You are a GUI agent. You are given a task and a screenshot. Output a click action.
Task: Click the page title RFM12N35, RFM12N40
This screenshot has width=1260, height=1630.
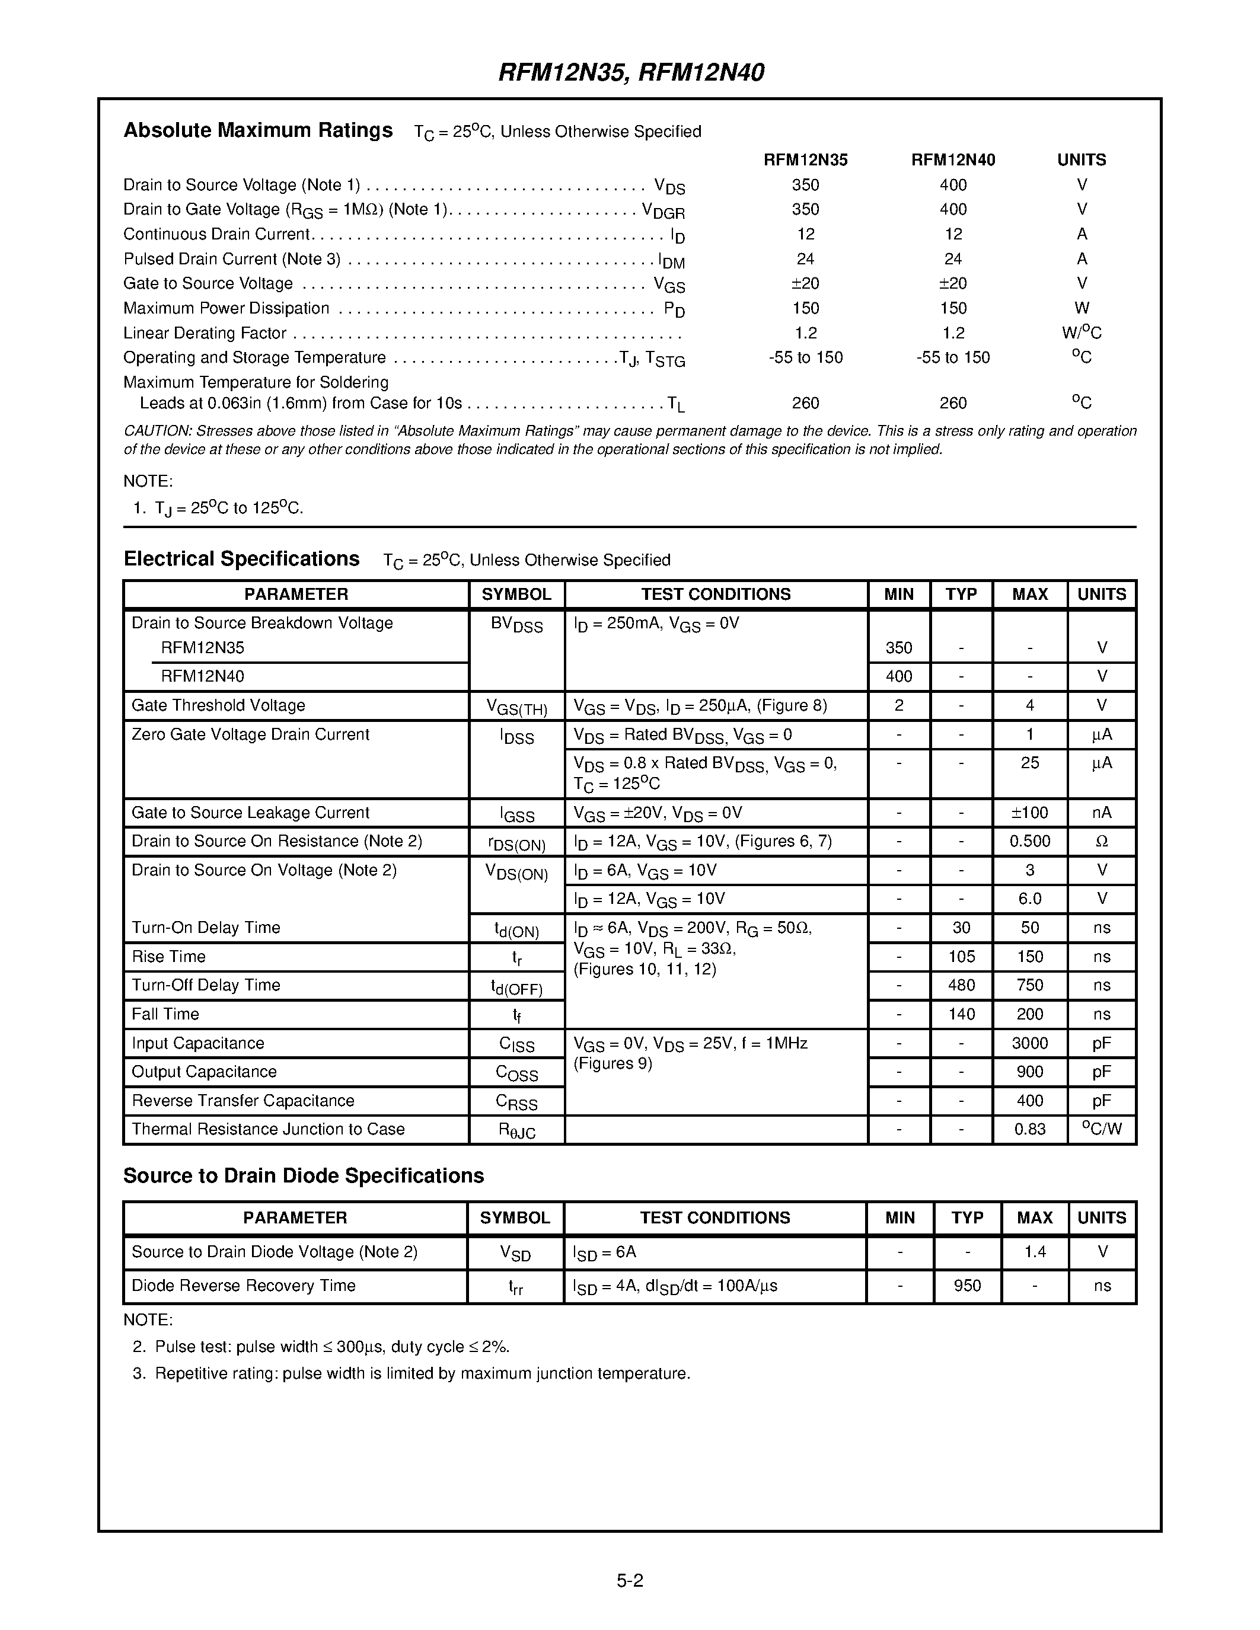tap(631, 72)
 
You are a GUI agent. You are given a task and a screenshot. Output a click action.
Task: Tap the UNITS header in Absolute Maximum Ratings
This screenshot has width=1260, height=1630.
tap(1081, 159)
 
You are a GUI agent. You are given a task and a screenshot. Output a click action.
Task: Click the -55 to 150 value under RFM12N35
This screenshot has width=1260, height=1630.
tap(805, 357)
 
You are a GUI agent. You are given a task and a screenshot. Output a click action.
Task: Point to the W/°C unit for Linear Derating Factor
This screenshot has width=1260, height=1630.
tap(1081, 333)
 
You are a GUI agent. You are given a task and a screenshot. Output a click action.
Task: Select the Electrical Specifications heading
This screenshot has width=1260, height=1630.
tap(241, 559)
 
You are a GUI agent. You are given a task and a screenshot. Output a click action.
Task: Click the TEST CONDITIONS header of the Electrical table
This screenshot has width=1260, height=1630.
tap(715, 594)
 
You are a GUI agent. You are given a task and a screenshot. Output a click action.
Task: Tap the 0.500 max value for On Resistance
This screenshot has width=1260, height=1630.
tap(1029, 841)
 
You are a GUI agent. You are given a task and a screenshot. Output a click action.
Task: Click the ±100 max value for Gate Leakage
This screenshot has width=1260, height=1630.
tap(1029, 812)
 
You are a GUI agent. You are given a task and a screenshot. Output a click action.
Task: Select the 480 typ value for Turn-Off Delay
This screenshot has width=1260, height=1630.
tap(961, 985)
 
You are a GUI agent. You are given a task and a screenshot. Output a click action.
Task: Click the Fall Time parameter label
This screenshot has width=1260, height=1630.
tap(165, 1014)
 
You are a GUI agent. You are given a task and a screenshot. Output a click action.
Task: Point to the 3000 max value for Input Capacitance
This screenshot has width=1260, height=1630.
tap(1029, 1043)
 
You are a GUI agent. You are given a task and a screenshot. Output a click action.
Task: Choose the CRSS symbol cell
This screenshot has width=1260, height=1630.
tap(516, 1102)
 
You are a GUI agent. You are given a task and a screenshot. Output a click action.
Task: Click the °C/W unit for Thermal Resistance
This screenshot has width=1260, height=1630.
tap(1101, 1129)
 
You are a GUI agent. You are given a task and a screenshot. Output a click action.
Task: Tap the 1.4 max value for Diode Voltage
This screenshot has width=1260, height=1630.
tap(1035, 1252)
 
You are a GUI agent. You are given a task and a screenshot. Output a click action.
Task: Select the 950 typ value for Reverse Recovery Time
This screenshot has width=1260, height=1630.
tap(966, 1285)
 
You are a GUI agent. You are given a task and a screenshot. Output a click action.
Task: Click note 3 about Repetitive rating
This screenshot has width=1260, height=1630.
tap(422, 1373)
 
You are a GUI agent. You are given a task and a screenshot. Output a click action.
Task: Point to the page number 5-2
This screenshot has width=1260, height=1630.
tap(629, 1580)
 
